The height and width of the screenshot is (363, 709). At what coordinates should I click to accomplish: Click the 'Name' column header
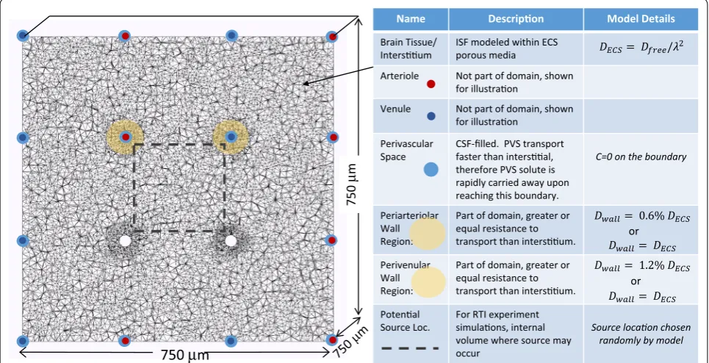point(411,19)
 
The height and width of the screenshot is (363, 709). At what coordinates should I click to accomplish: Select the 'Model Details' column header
point(641,19)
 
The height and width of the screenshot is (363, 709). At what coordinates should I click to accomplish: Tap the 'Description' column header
point(516,19)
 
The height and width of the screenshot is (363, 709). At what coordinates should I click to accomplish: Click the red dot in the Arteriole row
point(431,84)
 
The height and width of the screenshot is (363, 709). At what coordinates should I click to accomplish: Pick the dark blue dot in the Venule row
point(431,116)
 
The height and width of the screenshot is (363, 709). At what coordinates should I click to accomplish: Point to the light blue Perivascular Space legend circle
point(431,170)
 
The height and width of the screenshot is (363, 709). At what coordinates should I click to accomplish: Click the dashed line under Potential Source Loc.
point(411,348)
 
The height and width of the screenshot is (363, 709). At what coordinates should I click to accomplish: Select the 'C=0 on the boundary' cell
point(641,157)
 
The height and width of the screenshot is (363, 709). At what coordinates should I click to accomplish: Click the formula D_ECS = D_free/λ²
point(641,48)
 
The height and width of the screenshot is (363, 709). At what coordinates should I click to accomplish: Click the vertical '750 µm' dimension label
point(352,184)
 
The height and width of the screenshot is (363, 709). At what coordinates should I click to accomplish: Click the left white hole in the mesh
point(125,241)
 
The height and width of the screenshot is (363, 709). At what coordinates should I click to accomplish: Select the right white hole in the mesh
point(231,241)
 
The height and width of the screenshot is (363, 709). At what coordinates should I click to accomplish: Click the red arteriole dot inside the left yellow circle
point(126,137)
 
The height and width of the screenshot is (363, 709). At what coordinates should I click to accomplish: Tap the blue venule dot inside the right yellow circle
point(231,137)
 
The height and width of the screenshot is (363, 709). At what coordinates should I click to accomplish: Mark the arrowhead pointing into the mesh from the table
point(305,83)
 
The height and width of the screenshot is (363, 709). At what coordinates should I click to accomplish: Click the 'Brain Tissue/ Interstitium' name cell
point(408,48)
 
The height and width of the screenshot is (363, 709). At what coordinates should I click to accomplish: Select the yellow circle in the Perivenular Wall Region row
point(428,281)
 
